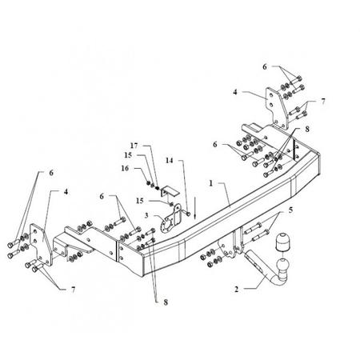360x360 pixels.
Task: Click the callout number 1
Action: [211, 183]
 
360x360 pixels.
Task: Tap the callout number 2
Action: [237, 289]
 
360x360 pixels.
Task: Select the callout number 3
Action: [146, 215]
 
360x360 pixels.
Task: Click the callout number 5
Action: [290, 210]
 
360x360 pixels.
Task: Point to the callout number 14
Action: [170, 160]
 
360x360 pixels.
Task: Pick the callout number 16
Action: [125, 168]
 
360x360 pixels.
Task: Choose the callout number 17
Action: [134, 146]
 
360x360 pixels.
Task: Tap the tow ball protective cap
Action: [282, 242]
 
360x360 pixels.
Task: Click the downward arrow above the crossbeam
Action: [195, 208]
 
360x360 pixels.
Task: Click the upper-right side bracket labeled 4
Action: [277, 109]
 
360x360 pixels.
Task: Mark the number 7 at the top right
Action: [323, 102]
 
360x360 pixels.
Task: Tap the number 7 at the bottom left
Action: [73, 290]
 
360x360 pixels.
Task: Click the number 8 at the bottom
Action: [166, 302]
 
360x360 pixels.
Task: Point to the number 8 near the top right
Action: [307, 129]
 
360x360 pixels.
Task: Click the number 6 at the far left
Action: [51, 173]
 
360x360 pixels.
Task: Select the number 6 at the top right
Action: [265, 66]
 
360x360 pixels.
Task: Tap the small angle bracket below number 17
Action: [170, 191]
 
